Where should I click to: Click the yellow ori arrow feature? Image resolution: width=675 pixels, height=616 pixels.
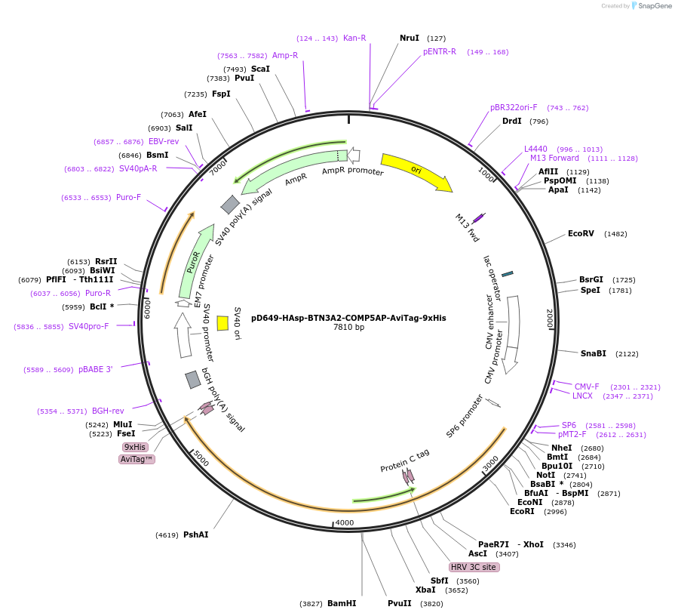pyautogui.click(x=416, y=171)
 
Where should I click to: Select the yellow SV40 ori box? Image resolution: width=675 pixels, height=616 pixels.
pyautogui.click(x=222, y=323)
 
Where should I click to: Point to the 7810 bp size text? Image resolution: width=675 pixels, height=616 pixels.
pyautogui.click(x=348, y=328)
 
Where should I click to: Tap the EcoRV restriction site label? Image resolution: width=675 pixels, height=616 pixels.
pyautogui.click(x=581, y=234)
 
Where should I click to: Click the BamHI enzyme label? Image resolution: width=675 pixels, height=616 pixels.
pyautogui.click(x=342, y=604)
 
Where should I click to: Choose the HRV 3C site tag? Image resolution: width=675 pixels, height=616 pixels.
pyautogui.click(x=474, y=567)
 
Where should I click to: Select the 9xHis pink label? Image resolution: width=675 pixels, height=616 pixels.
pyautogui.click(x=136, y=447)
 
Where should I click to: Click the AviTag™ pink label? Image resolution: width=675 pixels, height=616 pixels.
pyautogui.click(x=137, y=459)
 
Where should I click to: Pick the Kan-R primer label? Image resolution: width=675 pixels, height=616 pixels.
pyautogui.click(x=354, y=38)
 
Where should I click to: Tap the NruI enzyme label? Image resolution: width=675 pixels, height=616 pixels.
pyautogui.click(x=410, y=38)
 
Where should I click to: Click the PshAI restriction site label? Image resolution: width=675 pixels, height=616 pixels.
pyautogui.click(x=195, y=534)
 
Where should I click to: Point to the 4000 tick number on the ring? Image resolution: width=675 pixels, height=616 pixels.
pyautogui.click(x=345, y=522)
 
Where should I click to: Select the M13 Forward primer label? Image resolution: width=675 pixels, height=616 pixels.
pyautogui.click(x=554, y=159)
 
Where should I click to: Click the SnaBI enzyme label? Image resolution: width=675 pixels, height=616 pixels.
pyautogui.click(x=594, y=353)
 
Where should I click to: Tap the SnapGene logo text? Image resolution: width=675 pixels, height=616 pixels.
pyautogui.click(x=651, y=6)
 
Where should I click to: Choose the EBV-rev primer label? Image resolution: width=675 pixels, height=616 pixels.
pyautogui.click(x=164, y=142)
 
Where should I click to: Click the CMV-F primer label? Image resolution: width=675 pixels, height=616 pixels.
pyautogui.click(x=587, y=387)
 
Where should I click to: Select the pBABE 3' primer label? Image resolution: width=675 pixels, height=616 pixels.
pyautogui.click(x=95, y=369)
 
